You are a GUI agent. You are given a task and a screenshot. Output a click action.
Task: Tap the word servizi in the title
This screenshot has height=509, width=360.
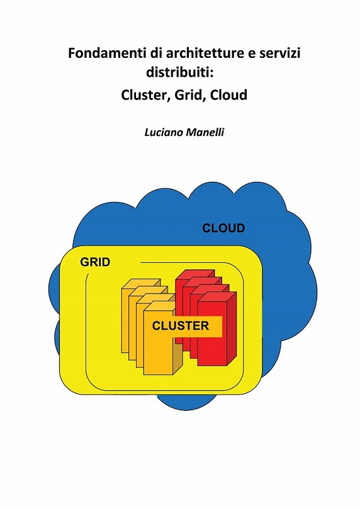point(279,53)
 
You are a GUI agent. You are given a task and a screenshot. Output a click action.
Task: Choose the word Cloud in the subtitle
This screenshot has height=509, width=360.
point(228,95)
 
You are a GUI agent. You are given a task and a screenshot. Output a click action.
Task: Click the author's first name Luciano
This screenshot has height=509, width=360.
point(164,133)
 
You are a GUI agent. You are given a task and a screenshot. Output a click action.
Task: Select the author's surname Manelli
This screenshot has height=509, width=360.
point(205,133)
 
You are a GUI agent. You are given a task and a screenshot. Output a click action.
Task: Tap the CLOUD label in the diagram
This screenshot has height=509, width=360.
point(223,228)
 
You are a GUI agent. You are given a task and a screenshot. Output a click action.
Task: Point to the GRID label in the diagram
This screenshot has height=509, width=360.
point(95,262)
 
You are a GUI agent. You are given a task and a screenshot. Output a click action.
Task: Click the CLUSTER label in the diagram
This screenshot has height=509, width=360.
point(181,325)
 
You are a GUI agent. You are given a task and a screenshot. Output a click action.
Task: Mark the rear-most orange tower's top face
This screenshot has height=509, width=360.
point(141,283)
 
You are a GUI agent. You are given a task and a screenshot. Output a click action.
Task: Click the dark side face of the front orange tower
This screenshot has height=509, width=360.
point(177,354)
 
